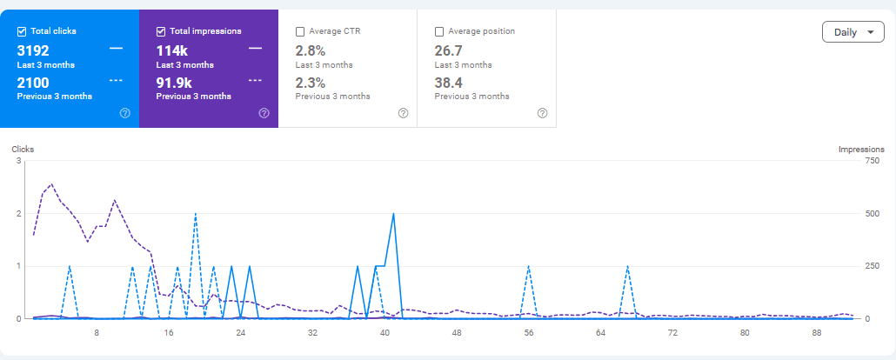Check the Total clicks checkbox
coord(22,31)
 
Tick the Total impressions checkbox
coord(161,31)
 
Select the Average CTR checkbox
coord(300,31)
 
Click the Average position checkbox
coord(439,31)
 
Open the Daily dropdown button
coord(853,32)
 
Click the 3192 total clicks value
coord(33,50)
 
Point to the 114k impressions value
coord(172,50)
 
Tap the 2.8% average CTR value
coord(311,50)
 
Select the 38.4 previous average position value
coord(450,83)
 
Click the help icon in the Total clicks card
coord(124,113)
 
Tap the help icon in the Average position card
coord(542,113)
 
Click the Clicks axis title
coord(23,150)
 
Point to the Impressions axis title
coord(861,150)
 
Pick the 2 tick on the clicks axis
coord(18,214)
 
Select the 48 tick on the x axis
coord(457,332)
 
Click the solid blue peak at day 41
coord(394,214)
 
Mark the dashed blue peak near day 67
coord(627,267)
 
